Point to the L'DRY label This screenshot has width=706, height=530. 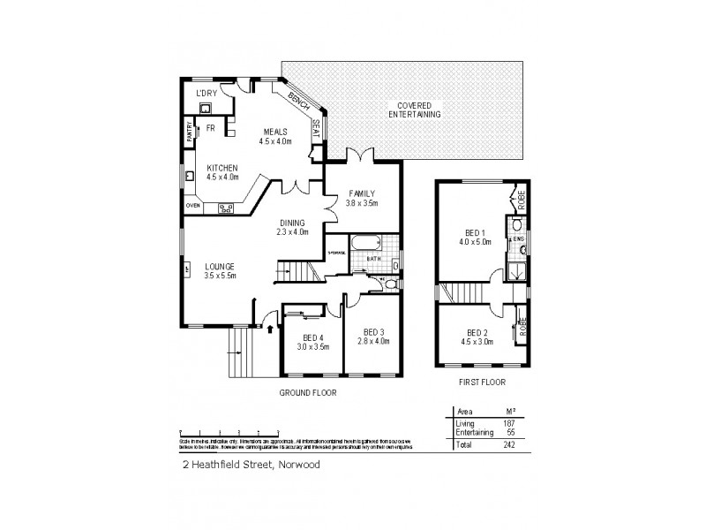click(207, 94)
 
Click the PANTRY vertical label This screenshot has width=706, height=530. click(190, 132)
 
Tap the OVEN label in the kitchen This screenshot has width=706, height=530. click(192, 206)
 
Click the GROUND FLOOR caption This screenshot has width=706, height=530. click(308, 392)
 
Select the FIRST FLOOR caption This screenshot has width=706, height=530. click(482, 383)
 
